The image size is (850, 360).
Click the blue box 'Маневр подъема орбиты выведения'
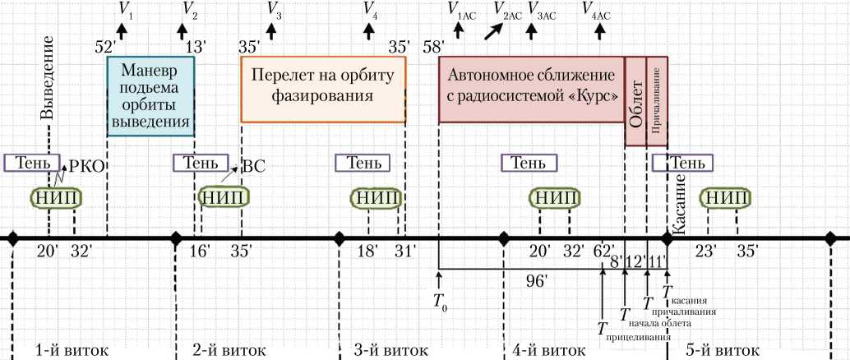(150, 96)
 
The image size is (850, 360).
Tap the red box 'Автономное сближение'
(532, 88)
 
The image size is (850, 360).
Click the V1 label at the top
(126, 11)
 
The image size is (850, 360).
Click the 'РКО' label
(86, 166)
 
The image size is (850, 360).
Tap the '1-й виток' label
(72, 349)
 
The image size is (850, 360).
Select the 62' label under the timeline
(604, 250)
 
